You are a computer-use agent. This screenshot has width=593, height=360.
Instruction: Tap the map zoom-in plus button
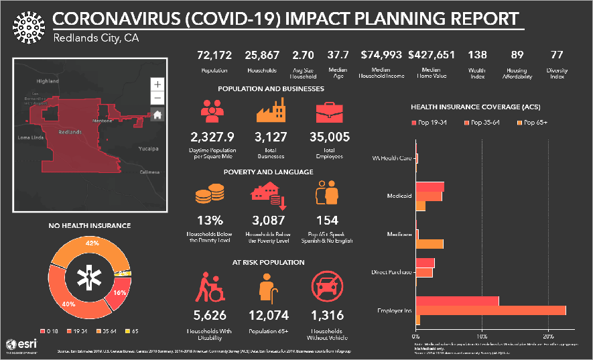[x=157, y=84]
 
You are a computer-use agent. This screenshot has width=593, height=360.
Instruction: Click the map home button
[x=157, y=115]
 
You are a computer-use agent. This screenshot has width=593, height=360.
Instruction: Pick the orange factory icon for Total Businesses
[x=271, y=111]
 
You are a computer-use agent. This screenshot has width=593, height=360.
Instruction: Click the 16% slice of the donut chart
[x=120, y=293]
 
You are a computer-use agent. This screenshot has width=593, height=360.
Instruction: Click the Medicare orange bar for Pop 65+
[x=430, y=243]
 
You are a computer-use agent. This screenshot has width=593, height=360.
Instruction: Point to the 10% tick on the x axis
[x=482, y=335]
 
